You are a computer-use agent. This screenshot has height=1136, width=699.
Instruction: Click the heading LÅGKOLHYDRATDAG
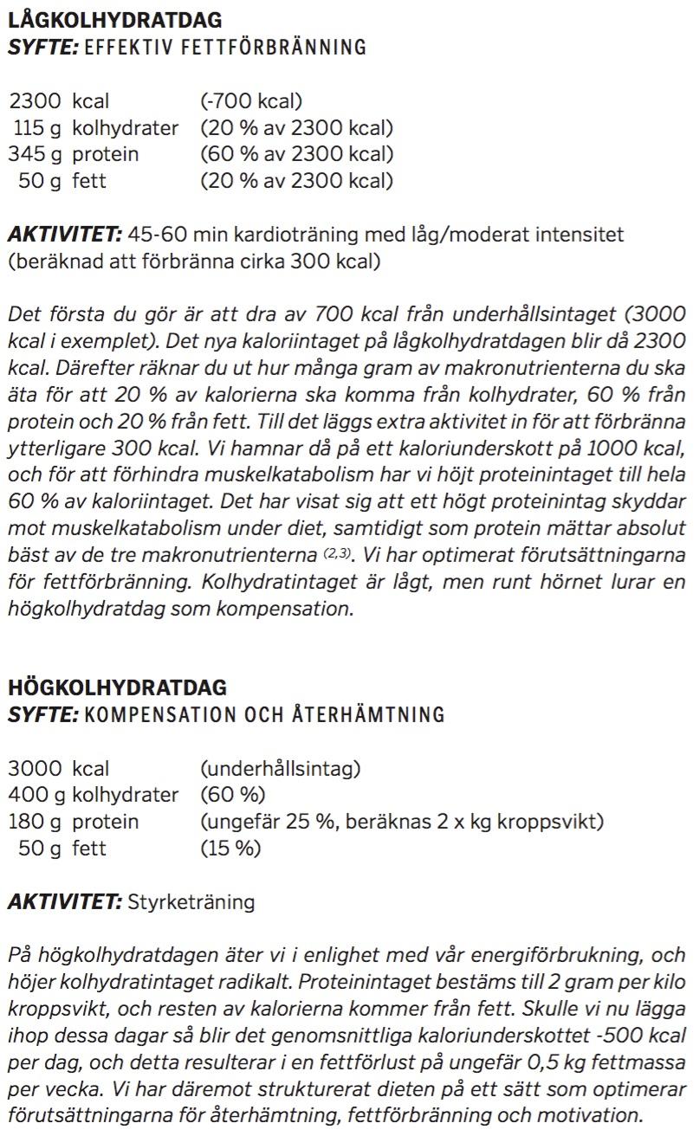click(114, 20)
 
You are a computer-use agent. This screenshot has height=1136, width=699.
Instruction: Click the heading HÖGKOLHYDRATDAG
click(117, 687)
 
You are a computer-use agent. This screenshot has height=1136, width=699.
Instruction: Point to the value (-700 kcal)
click(251, 102)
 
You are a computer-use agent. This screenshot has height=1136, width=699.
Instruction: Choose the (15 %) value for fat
click(230, 849)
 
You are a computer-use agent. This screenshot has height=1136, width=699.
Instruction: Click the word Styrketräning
click(191, 902)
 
